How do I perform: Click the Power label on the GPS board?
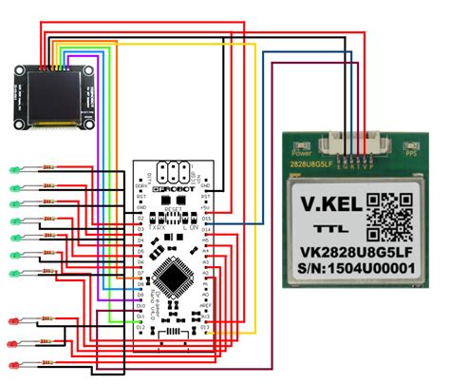pos(302,152)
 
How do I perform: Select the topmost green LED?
pos(14,170)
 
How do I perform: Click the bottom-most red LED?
pos(14,365)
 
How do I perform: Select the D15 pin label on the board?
pos(206,218)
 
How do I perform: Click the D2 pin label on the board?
pos(141,218)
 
